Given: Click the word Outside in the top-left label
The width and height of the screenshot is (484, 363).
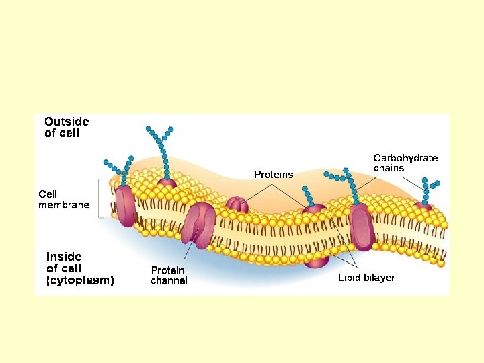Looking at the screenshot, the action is [x=67, y=122].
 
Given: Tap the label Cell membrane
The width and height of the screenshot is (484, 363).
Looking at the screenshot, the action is [x=63, y=200].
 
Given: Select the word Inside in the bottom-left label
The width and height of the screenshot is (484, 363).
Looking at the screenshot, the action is [x=64, y=256].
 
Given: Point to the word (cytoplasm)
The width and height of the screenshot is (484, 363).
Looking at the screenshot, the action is [x=80, y=280].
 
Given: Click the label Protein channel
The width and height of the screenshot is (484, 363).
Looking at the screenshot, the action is [x=169, y=275].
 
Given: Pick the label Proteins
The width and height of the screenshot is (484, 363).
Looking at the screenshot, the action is [x=274, y=175].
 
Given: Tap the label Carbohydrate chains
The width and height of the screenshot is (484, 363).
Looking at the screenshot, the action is [x=405, y=163].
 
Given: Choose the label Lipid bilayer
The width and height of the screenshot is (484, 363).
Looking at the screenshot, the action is [x=366, y=277].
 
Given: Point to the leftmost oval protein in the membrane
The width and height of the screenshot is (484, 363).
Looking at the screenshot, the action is [x=125, y=206].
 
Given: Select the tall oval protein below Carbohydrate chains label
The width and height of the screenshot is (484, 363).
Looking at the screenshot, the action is [x=361, y=226].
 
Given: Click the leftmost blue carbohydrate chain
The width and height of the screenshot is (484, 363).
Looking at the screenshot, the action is [x=116, y=172].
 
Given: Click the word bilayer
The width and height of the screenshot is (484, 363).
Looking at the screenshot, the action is [x=380, y=277].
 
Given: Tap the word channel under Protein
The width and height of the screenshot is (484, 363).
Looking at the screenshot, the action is [x=169, y=280].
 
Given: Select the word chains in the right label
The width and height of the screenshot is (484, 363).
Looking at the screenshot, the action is [x=389, y=168].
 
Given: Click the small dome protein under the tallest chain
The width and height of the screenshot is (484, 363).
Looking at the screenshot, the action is [x=167, y=183].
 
